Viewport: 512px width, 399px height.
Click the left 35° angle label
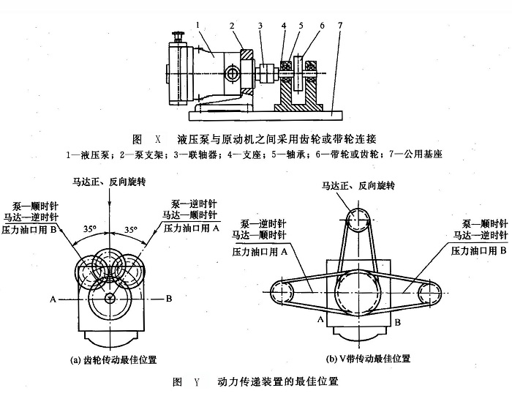click(x=88, y=229)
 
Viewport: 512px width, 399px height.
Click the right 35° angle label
click(x=132, y=229)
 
